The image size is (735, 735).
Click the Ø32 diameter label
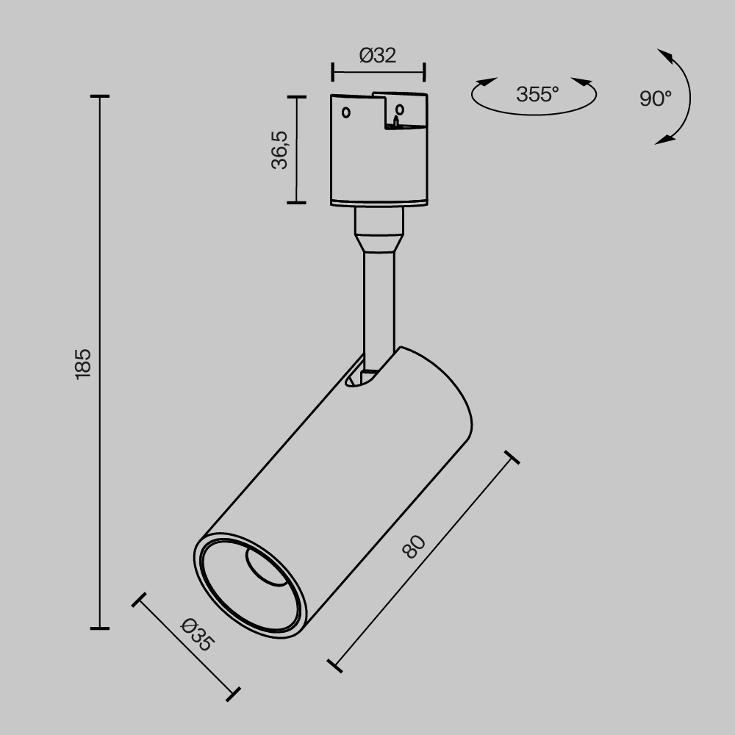pos(378,55)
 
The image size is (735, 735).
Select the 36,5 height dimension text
pos(279,150)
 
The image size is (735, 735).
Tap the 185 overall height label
pos(83,364)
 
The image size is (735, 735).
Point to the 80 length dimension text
pos(414,547)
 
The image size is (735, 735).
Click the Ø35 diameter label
pos(198,635)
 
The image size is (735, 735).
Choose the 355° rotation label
pos(538,94)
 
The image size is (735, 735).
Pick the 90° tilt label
pos(656,98)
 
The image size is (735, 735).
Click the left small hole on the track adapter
pos(346,112)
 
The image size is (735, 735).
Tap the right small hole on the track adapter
pos(399,110)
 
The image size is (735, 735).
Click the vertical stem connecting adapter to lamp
pos(379,305)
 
